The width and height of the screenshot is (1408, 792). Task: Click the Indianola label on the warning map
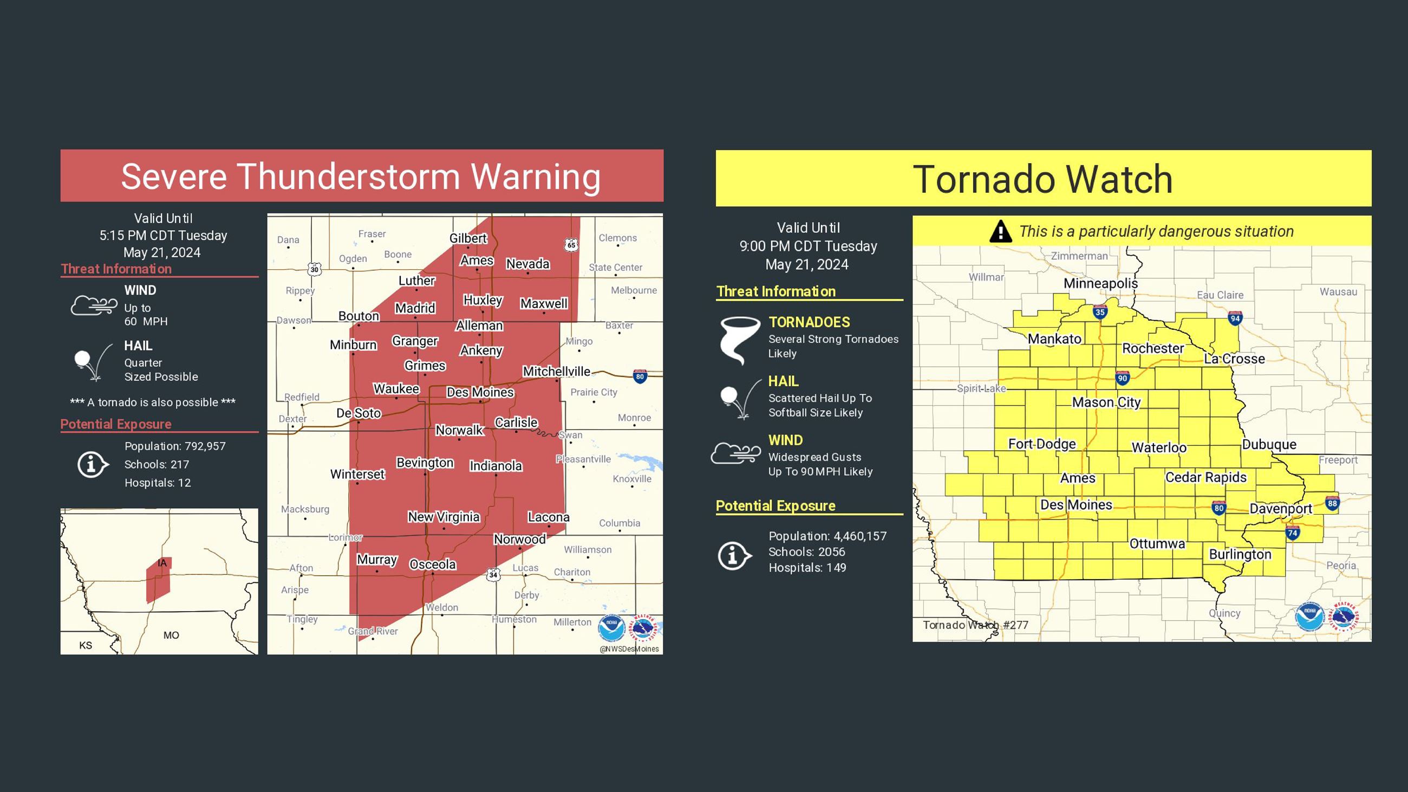click(496, 466)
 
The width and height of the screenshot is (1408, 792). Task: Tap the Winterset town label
click(357, 474)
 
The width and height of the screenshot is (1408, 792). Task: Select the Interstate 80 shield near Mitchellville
click(640, 376)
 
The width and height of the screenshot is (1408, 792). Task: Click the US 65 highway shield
click(571, 244)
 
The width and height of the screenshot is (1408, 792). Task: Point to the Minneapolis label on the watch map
click(1100, 283)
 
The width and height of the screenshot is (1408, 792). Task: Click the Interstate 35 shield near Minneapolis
click(1100, 312)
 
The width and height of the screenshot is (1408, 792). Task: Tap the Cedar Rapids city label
click(1206, 477)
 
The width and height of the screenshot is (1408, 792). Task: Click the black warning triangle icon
click(1000, 231)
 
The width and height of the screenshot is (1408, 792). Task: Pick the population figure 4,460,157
click(861, 536)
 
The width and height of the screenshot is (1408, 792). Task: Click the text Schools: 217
click(157, 465)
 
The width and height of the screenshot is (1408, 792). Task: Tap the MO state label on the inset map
click(171, 635)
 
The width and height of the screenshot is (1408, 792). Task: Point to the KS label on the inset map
click(86, 645)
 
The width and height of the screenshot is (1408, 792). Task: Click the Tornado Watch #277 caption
click(975, 625)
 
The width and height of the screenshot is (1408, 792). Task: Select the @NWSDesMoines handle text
click(629, 649)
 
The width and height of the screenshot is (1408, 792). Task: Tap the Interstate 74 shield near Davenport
click(1292, 533)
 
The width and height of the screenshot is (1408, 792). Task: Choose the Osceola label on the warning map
click(432, 564)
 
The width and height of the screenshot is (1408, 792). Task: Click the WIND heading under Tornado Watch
click(785, 440)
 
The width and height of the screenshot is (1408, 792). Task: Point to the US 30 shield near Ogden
click(314, 269)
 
